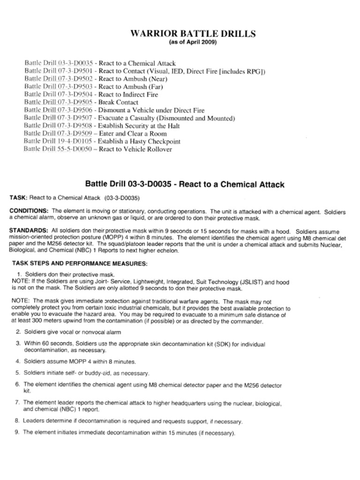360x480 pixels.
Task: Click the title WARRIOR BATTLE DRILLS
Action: pos(193,34)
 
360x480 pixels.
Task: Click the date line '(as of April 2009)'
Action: pos(193,42)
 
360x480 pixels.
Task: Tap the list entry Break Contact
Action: pos(118,102)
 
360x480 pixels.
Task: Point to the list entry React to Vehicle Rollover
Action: pos(135,150)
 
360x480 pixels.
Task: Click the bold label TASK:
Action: pos(19,198)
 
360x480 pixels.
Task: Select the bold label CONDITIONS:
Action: pos(29,211)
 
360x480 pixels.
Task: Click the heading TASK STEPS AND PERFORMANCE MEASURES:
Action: pos(79,263)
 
